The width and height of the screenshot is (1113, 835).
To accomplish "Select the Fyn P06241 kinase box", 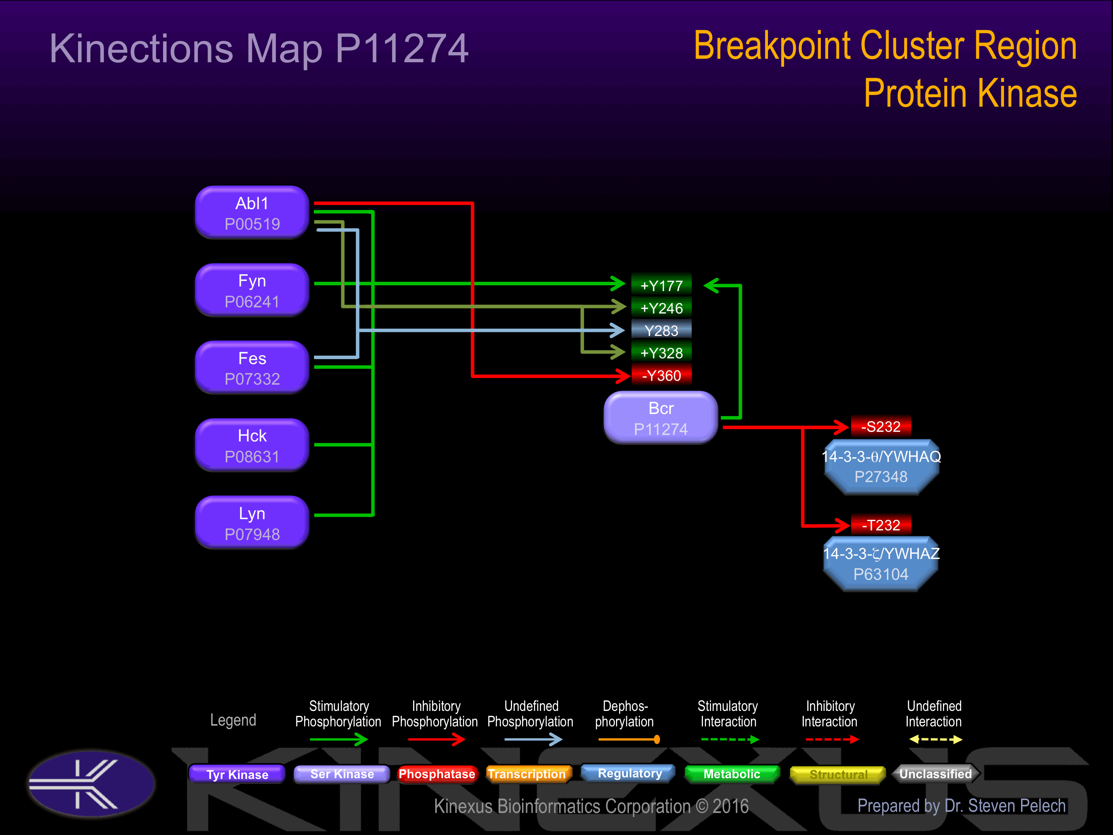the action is tap(252, 290).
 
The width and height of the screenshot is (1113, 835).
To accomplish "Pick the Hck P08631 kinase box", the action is tap(252, 445).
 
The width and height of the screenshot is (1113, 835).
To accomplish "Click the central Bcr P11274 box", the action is tap(661, 418).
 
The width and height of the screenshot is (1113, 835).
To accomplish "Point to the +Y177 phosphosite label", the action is tap(661, 285).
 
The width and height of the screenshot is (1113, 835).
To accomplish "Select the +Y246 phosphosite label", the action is tap(661, 308).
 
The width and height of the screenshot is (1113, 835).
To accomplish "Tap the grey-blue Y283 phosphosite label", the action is tap(661, 330).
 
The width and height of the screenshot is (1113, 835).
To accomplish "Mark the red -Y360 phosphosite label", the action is tap(661, 375).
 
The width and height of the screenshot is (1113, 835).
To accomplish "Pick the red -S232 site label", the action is tap(880, 426).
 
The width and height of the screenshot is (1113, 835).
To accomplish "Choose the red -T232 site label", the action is tap(880, 525).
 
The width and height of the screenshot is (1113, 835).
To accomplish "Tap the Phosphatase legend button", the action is tap(436, 774).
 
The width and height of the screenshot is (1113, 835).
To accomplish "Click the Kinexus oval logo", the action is tap(91, 784).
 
